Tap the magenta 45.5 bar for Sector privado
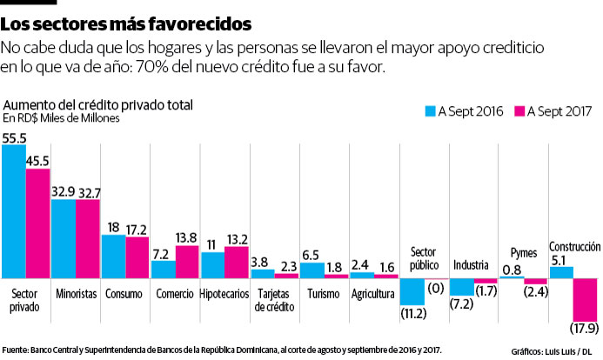(38, 223)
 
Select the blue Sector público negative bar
(412, 291)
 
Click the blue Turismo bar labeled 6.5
(312, 270)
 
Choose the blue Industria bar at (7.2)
(462, 286)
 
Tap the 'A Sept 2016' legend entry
(466, 111)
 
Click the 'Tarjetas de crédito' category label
(273, 299)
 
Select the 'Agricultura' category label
(373, 293)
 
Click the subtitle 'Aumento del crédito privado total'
(98, 105)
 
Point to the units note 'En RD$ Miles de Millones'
(61, 118)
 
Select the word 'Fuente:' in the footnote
(17, 349)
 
